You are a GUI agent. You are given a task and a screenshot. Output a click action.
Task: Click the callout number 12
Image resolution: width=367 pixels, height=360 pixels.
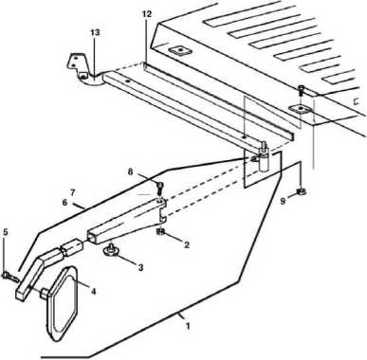click(x=147, y=14)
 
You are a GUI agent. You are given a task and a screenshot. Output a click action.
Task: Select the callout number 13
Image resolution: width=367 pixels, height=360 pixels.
click(x=95, y=32)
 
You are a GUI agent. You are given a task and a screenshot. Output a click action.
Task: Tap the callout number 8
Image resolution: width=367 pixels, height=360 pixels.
click(x=131, y=171)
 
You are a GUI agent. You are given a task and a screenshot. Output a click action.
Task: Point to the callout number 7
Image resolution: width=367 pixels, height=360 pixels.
click(x=72, y=191)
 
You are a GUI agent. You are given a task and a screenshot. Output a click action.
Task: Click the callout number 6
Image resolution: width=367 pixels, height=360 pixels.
click(x=64, y=203)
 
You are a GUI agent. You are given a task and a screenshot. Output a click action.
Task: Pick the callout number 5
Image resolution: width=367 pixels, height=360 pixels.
click(x=6, y=232)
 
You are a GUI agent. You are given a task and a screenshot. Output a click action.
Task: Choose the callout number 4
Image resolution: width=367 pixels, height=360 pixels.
click(x=93, y=291)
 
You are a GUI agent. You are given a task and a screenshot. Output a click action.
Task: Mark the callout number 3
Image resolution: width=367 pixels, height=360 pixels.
click(x=140, y=267)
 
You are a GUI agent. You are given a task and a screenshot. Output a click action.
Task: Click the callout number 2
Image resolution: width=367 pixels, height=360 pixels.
click(x=187, y=244)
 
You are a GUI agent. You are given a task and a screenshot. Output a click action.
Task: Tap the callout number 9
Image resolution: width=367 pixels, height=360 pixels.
click(x=283, y=201)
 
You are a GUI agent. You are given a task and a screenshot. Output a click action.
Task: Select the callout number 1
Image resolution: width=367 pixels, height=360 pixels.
click(x=188, y=326)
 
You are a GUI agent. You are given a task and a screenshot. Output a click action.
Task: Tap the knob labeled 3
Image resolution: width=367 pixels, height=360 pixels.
click(x=111, y=249)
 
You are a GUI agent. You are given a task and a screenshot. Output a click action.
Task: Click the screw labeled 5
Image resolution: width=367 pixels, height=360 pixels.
click(x=11, y=277)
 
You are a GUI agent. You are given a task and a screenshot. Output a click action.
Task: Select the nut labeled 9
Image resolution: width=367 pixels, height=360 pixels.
click(x=302, y=191)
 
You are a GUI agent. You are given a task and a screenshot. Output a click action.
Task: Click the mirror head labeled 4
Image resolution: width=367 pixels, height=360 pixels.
click(x=62, y=304)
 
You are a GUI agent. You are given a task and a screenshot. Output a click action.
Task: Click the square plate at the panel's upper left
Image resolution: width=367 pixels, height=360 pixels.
click(x=178, y=51)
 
